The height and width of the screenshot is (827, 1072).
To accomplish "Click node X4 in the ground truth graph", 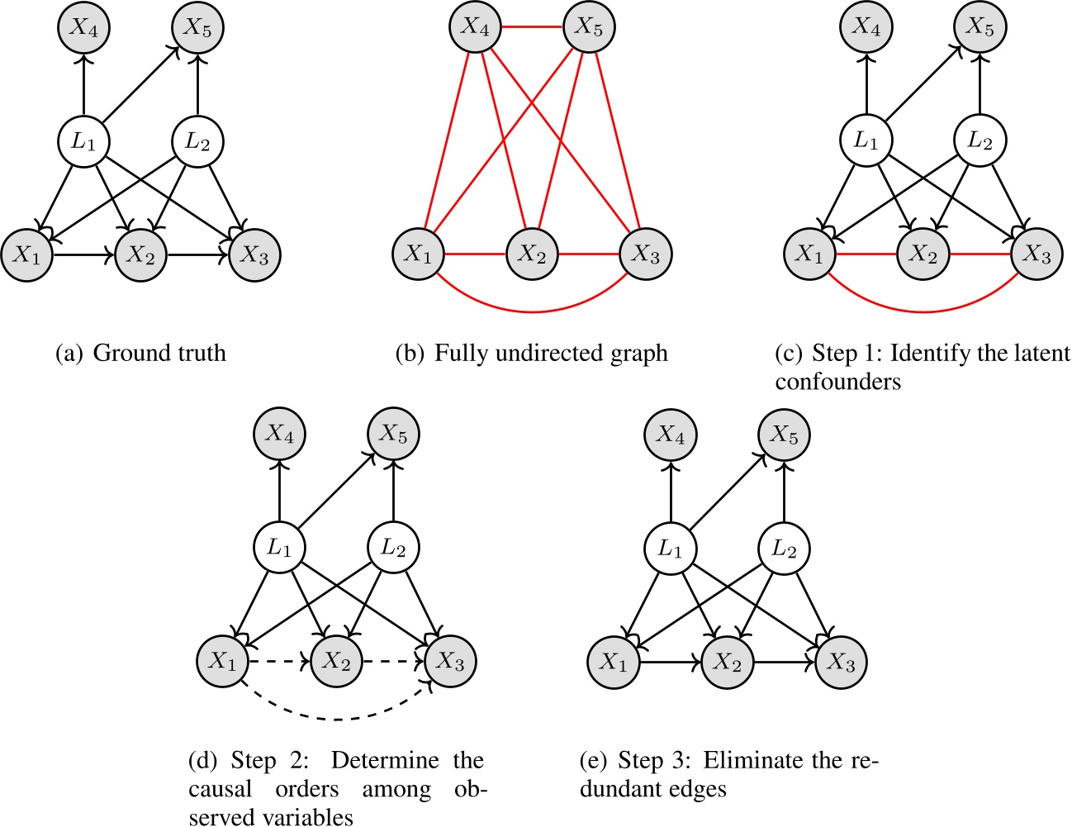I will click(x=83, y=27).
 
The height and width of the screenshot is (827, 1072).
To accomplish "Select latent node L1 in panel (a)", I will click(x=83, y=141).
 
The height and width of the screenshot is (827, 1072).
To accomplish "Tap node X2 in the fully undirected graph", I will click(x=532, y=254).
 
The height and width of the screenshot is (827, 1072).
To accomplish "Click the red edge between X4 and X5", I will click(x=531, y=27).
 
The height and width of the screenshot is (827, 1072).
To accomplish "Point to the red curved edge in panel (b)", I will click(x=532, y=311).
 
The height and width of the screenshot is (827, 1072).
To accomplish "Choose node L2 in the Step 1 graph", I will click(x=980, y=141).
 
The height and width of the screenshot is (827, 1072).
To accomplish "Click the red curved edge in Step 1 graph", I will click(x=923, y=311).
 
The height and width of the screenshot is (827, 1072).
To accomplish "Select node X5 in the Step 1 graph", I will click(x=980, y=27).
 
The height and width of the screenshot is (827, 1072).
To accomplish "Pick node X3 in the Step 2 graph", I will click(x=450, y=662).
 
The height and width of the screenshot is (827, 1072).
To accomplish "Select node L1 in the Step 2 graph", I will click(x=279, y=548).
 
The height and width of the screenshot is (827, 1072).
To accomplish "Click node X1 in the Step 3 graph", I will click(x=613, y=662).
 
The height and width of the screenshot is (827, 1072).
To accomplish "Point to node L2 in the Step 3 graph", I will click(x=784, y=548).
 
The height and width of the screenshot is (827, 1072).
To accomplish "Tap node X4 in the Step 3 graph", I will click(x=670, y=435).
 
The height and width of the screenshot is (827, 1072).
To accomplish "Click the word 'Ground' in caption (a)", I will click(x=126, y=354).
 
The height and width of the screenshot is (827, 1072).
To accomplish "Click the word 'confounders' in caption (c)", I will click(x=837, y=381).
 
